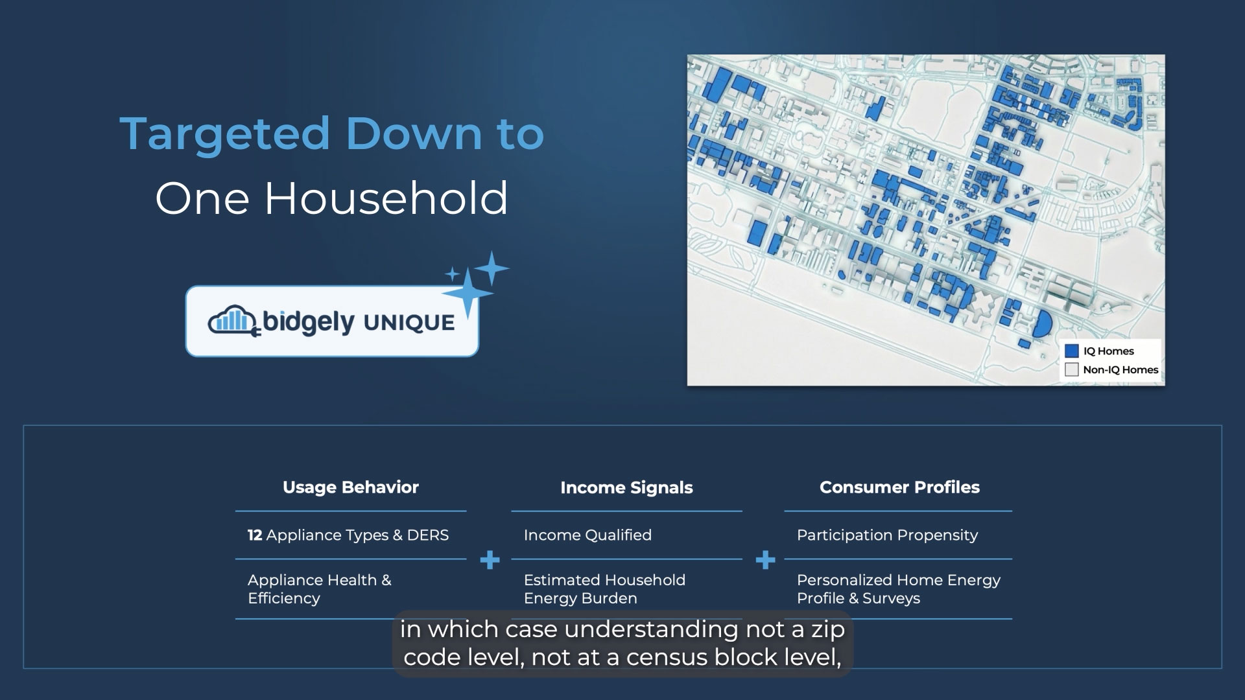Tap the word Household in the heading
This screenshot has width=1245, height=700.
[386, 198]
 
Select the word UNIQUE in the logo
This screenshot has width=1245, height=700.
[409, 323]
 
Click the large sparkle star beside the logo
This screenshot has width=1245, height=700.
[468, 293]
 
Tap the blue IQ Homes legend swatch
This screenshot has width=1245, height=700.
[1072, 351]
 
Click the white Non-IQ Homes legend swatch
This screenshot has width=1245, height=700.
[1072, 369]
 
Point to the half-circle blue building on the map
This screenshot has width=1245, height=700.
[1041, 323]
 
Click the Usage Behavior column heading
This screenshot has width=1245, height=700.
[351, 487]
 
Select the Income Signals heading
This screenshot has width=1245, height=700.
[626, 488]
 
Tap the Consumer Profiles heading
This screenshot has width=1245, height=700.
[899, 487]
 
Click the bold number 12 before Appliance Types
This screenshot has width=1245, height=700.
[255, 535]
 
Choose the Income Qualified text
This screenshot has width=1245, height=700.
[587, 535]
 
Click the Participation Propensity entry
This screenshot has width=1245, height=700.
[887, 535]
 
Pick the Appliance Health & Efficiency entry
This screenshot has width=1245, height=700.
[320, 589]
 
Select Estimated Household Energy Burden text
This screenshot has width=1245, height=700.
[604, 589]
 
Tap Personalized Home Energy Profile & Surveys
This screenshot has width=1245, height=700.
[899, 589]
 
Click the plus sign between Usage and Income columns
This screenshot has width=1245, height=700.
[490, 560]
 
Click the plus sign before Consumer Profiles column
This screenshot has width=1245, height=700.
[766, 560]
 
